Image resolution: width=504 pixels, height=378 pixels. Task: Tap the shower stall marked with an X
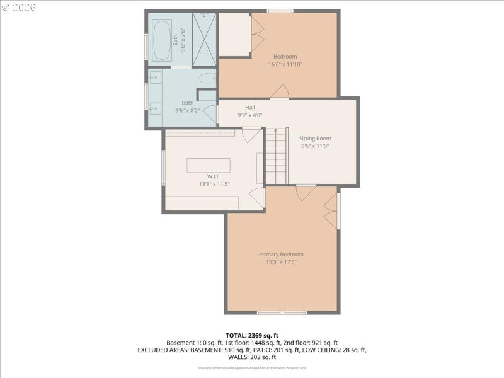pyautogui.click(x=203, y=38)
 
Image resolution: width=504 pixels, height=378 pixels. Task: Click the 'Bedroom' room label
pyautogui.click(x=285, y=57)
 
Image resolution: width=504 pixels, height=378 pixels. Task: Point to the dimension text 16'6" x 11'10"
pyautogui.click(x=285, y=64)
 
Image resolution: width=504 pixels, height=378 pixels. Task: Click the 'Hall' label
pyautogui.click(x=250, y=108)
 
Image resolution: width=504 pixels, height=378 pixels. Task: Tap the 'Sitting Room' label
pyautogui.click(x=315, y=139)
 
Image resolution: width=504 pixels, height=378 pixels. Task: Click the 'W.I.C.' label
pyautogui.click(x=214, y=176)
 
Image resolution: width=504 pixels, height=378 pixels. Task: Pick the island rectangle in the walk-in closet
pyautogui.click(x=209, y=165)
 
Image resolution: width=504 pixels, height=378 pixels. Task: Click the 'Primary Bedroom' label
pyautogui.click(x=285, y=255)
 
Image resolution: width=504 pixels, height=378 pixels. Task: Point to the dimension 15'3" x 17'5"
pyautogui.click(x=285, y=261)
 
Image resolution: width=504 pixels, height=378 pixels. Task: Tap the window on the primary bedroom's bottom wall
pyautogui.click(x=282, y=312)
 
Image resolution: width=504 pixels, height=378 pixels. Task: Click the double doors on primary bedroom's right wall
pyautogui.click(x=331, y=210)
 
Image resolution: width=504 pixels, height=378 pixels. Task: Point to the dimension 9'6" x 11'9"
pyautogui.click(x=315, y=146)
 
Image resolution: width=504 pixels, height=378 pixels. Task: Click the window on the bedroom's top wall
pyautogui.click(x=280, y=10)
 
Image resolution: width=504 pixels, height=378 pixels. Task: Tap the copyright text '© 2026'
pyautogui.click(x=19, y=8)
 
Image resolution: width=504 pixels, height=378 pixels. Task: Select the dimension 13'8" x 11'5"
pyautogui.click(x=214, y=184)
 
